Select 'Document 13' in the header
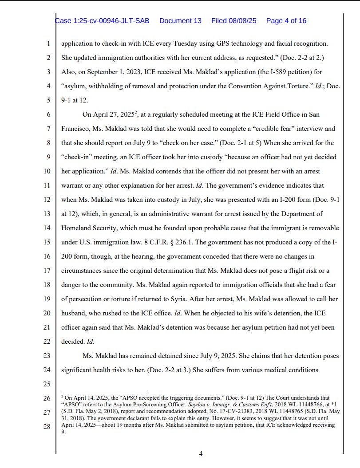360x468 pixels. pos(180,21)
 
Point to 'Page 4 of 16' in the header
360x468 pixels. pos(286,21)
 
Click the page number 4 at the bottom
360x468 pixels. pos(201,453)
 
